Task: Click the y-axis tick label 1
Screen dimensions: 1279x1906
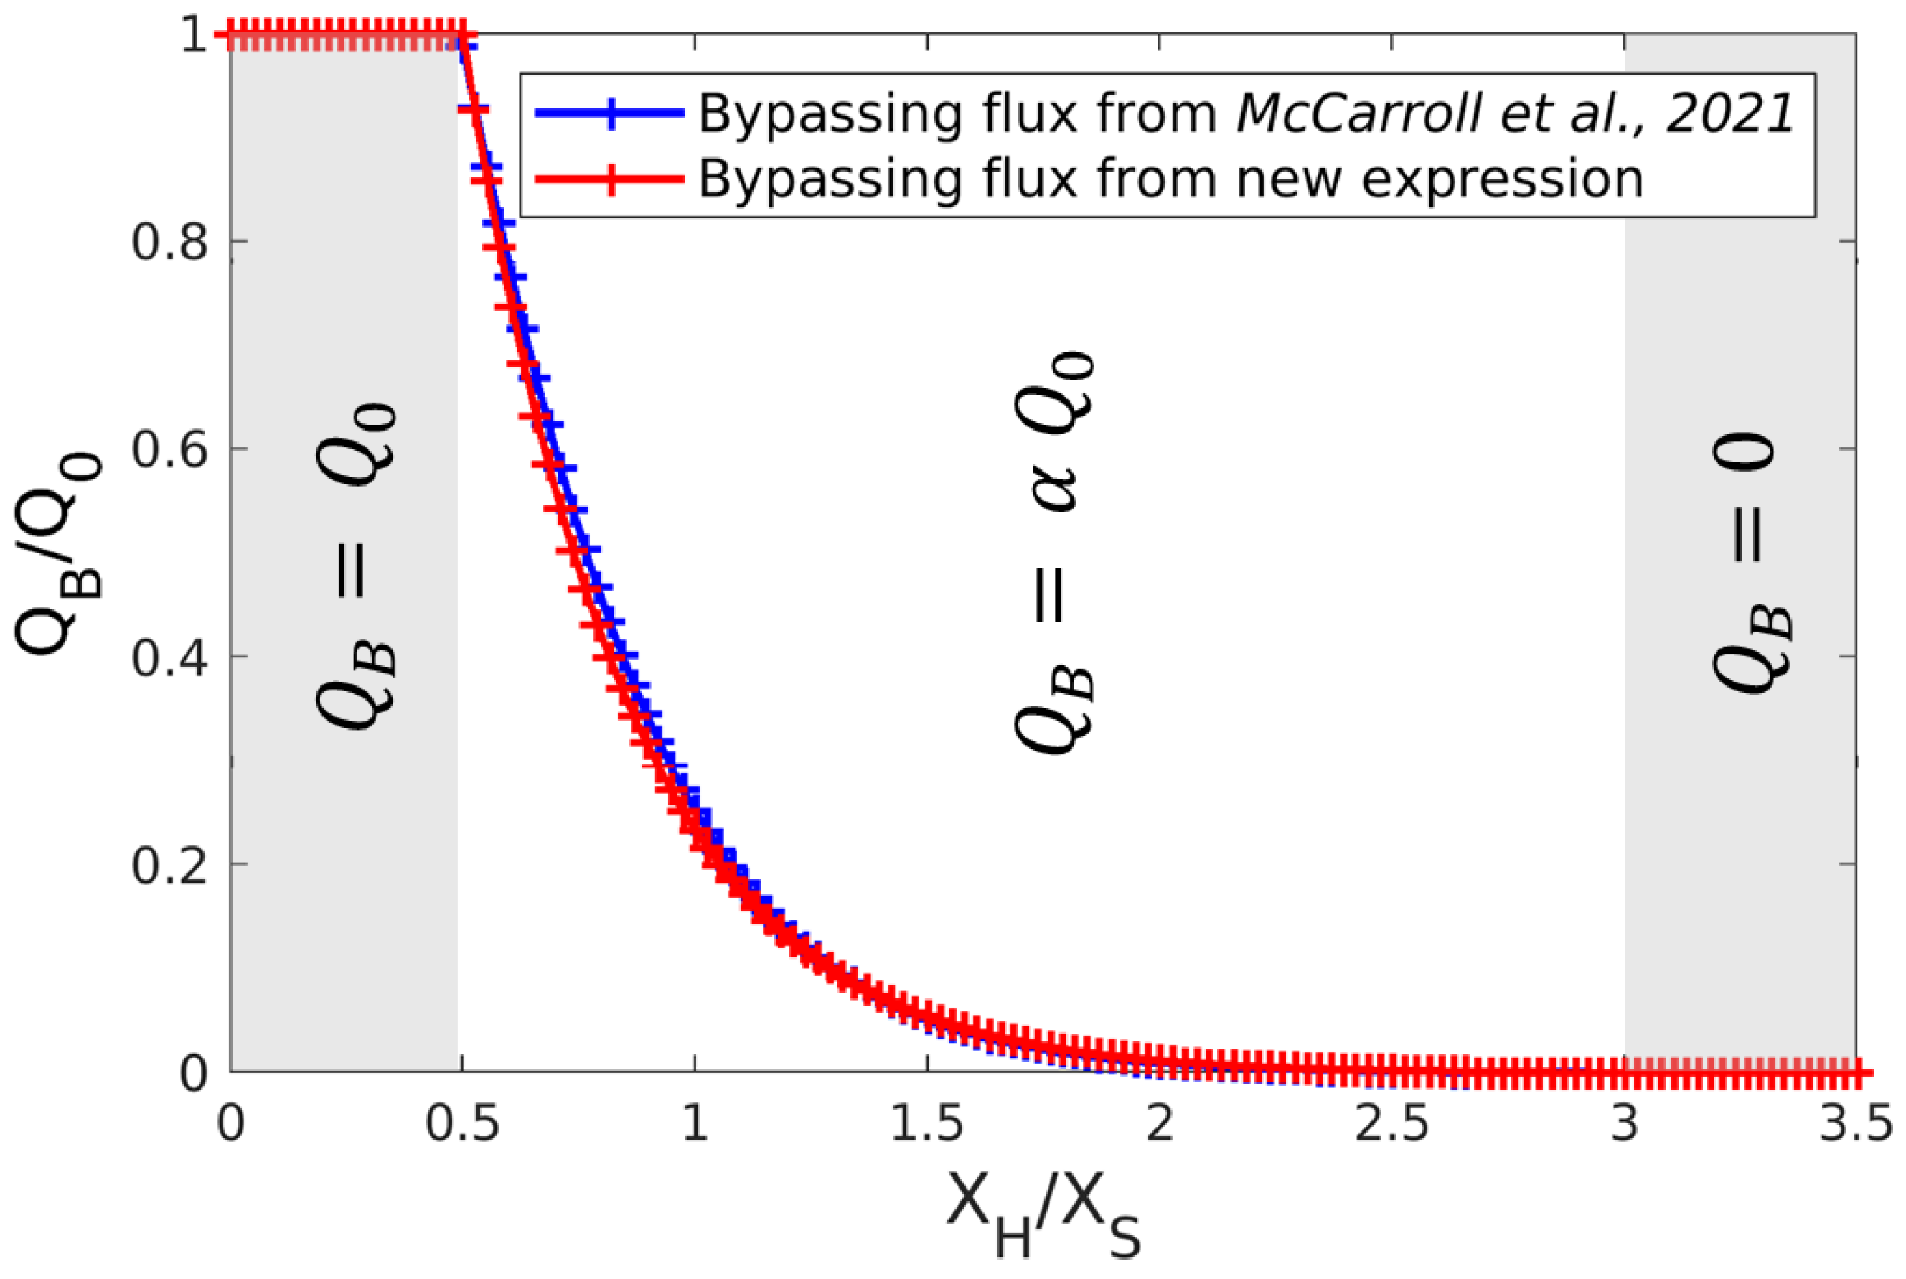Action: [x=193, y=36]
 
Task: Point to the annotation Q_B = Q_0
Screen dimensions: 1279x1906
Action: [x=357, y=566]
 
